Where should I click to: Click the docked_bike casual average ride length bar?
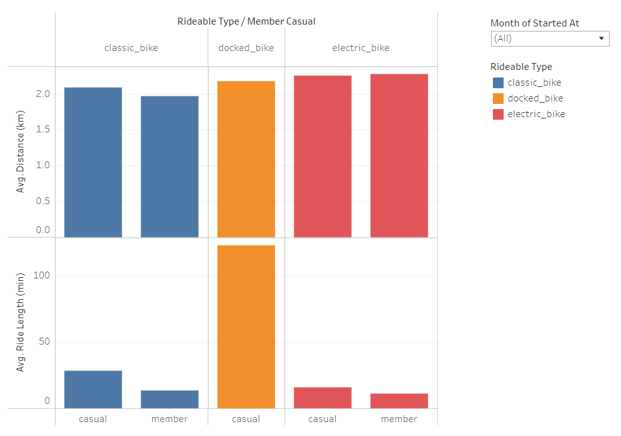click(x=245, y=326)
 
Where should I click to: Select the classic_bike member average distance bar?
click(x=169, y=166)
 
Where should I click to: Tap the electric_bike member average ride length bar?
click(x=399, y=401)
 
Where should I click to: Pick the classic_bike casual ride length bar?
click(x=93, y=389)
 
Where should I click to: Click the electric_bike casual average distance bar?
click(x=322, y=156)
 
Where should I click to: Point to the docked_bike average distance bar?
click(x=245, y=159)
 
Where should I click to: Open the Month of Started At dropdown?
click(x=550, y=38)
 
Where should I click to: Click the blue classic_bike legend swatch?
click(x=498, y=83)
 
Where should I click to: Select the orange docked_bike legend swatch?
click(x=498, y=98)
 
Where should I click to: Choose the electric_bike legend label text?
click(x=536, y=114)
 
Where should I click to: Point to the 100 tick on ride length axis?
click(x=42, y=276)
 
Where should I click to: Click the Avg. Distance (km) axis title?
click(x=20, y=152)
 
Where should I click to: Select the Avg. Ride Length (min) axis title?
click(x=20, y=322)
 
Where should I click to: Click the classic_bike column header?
click(x=131, y=48)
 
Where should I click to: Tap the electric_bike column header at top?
click(x=360, y=48)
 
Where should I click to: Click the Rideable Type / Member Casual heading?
click(x=246, y=21)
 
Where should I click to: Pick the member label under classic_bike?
click(x=169, y=419)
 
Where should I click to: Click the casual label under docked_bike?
click(x=245, y=419)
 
